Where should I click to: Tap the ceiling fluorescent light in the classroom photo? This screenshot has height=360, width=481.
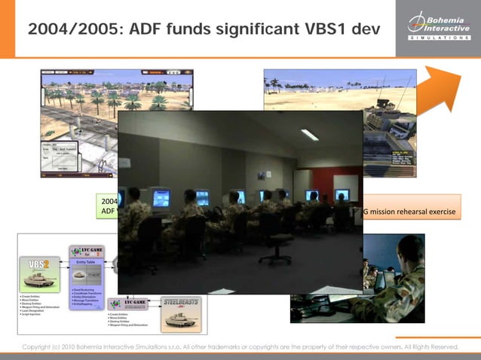(x=309, y=135)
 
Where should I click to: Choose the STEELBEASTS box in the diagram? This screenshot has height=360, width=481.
(x=181, y=309)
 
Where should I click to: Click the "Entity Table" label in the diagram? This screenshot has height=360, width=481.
(x=88, y=262)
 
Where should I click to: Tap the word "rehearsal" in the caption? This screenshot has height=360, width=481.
(x=412, y=212)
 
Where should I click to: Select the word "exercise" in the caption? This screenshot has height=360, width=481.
(x=442, y=212)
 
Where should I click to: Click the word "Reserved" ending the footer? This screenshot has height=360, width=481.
(x=441, y=347)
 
